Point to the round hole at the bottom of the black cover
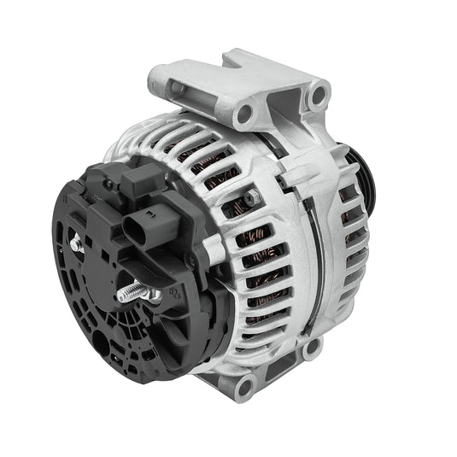102,342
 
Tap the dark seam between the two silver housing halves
320,256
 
